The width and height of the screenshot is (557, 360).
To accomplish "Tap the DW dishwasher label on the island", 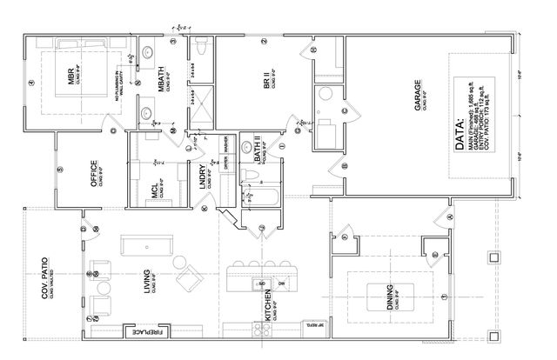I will (280, 283).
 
